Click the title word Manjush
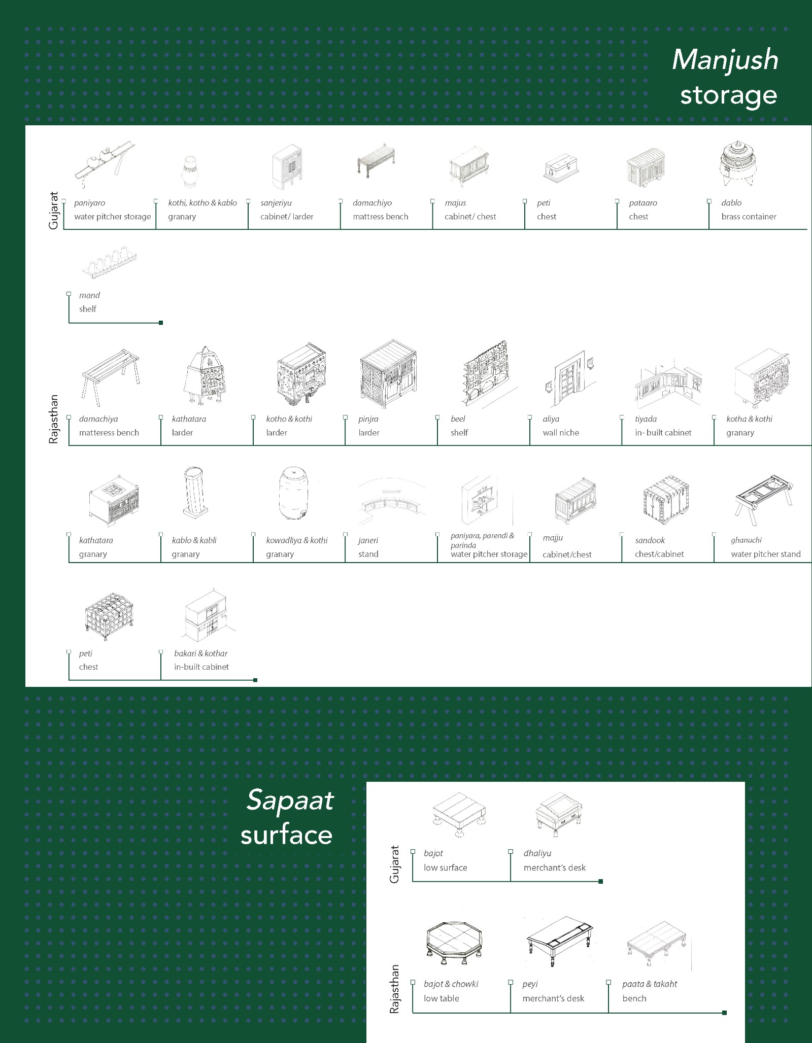coord(725,60)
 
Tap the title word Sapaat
coord(289,801)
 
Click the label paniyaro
coord(89,203)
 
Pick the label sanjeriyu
coord(276,203)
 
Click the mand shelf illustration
coord(110,264)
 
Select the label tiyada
coord(646,419)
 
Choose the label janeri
coord(368,541)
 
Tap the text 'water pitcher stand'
coord(765,554)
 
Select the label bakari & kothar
coord(200,653)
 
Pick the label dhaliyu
coord(537,854)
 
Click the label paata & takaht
coord(650,984)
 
